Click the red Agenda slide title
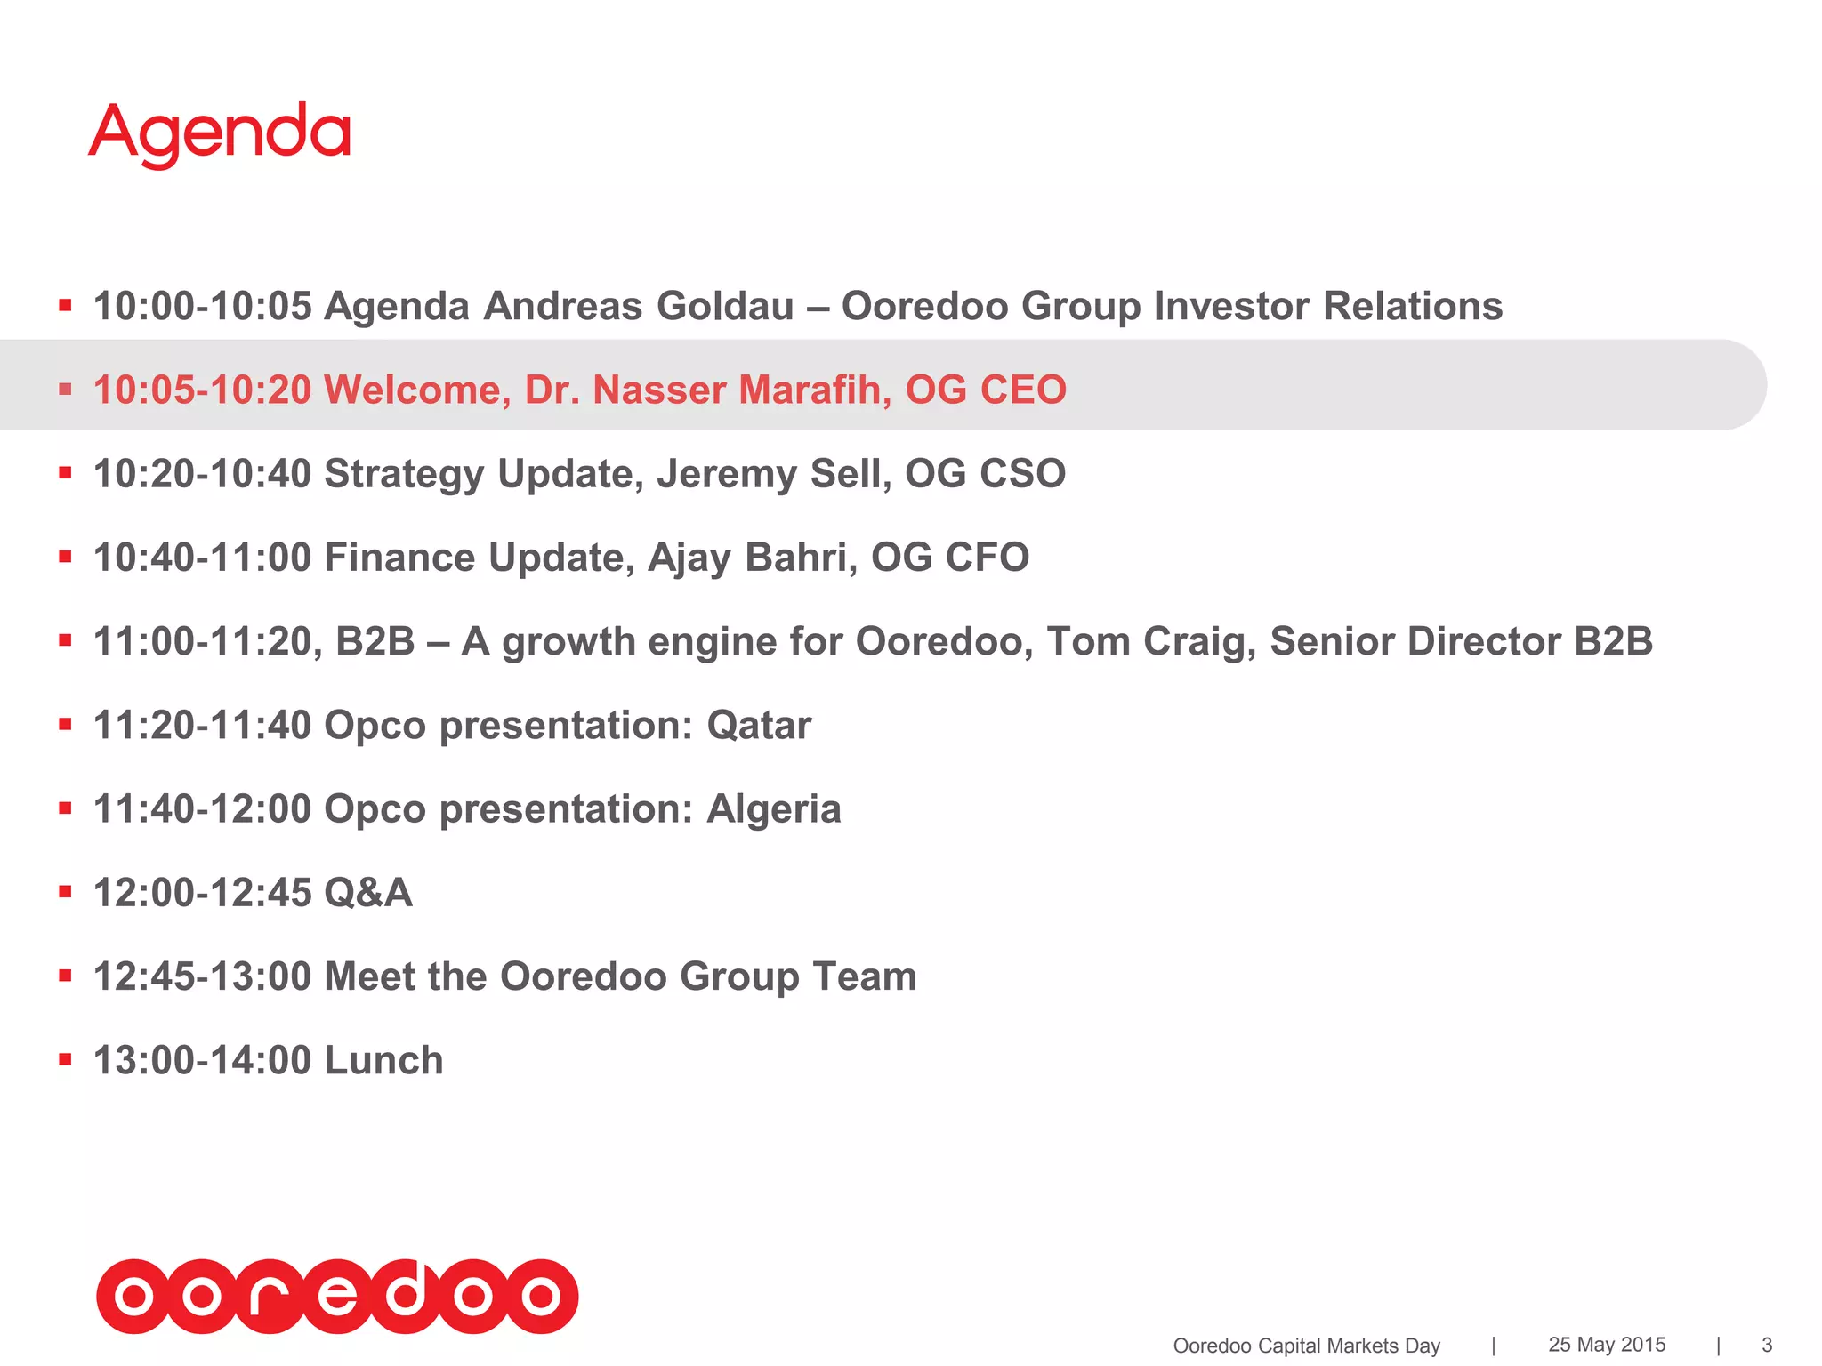click(x=220, y=133)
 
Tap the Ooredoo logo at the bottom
click(x=337, y=1296)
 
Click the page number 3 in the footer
click(x=1767, y=1345)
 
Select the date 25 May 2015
click(x=1607, y=1345)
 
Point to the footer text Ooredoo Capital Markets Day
click(x=1306, y=1346)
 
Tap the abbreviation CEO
click(x=1022, y=390)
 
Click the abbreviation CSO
click(x=1022, y=473)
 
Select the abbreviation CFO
click(x=987, y=558)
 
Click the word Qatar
click(x=759, y=725)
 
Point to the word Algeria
click(x=773, y=809)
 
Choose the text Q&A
click(x=368, y=893)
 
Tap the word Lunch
click(x=383, y=1060)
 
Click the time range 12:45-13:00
click(x=202, y=976)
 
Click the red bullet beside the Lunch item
click(x=65, y=1059)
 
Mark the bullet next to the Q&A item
click(x=65, y=892)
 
